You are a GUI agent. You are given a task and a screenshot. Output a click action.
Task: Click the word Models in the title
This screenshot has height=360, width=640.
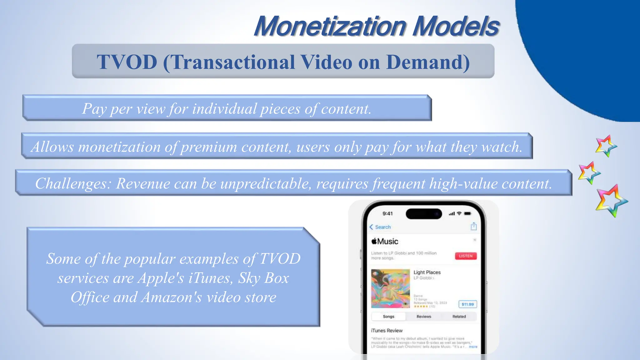455,26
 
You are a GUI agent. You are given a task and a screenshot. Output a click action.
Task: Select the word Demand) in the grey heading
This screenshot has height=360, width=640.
428,62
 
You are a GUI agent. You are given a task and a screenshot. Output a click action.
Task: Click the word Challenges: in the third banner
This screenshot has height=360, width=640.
73,183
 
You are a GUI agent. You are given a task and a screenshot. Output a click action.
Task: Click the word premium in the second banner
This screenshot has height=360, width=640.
209,147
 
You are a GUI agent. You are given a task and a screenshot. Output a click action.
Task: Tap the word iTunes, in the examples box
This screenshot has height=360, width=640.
211,278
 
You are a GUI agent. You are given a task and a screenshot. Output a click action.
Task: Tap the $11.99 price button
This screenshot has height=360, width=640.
467,304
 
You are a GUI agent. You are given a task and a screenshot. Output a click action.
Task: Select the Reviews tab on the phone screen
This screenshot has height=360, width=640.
424,317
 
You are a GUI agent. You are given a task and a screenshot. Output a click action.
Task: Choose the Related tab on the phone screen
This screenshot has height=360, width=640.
459,317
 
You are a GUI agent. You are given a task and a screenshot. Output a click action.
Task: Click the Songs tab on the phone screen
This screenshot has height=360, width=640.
388,317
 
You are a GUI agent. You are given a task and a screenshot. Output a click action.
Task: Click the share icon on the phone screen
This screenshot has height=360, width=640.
474,226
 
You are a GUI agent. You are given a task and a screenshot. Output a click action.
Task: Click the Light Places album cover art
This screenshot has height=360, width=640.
390,288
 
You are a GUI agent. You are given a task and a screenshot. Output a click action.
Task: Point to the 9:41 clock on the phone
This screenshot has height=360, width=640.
387,213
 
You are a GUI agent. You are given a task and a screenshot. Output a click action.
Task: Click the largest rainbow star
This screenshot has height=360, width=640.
611,201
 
